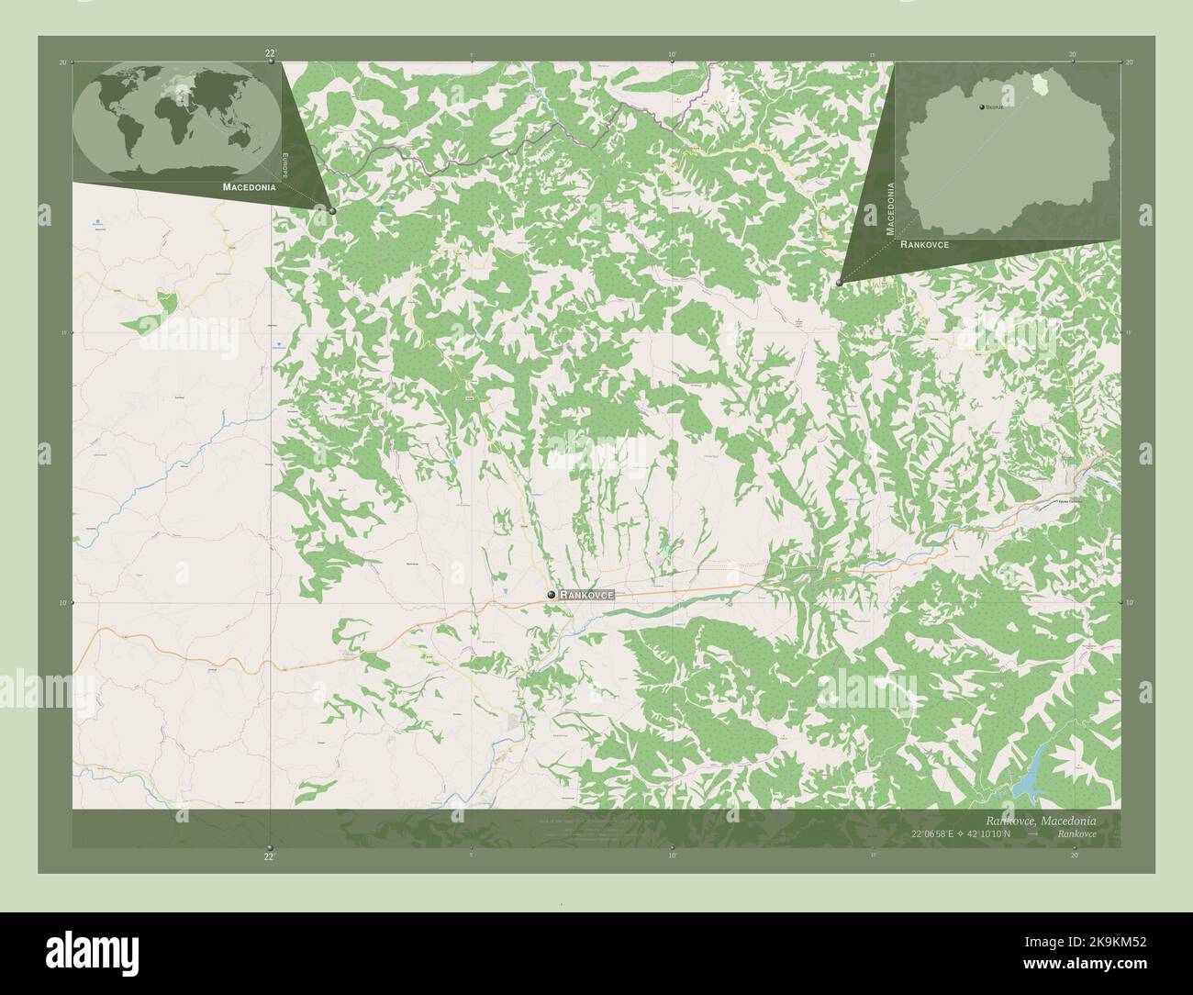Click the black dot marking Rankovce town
[x=551, y=595]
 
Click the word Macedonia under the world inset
[x=249, y=186]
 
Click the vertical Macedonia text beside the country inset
[x=888, y=209]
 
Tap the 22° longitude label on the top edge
[x=269, y=54]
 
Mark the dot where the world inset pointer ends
[x=332, y=210]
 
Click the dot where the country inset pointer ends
[x=840, y=283]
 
